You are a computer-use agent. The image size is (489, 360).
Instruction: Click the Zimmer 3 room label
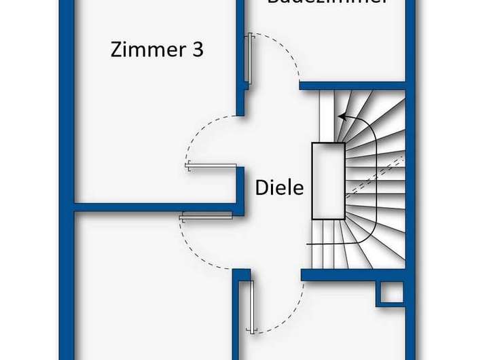[x=158, y=50]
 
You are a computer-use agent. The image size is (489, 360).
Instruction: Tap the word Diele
[x=279, y=187]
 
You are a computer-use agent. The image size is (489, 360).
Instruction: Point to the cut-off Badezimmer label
[x=327, y=3]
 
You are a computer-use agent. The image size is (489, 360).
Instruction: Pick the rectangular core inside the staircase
[x=328, y=181]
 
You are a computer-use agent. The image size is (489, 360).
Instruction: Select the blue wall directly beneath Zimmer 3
[x=156, y=206]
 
